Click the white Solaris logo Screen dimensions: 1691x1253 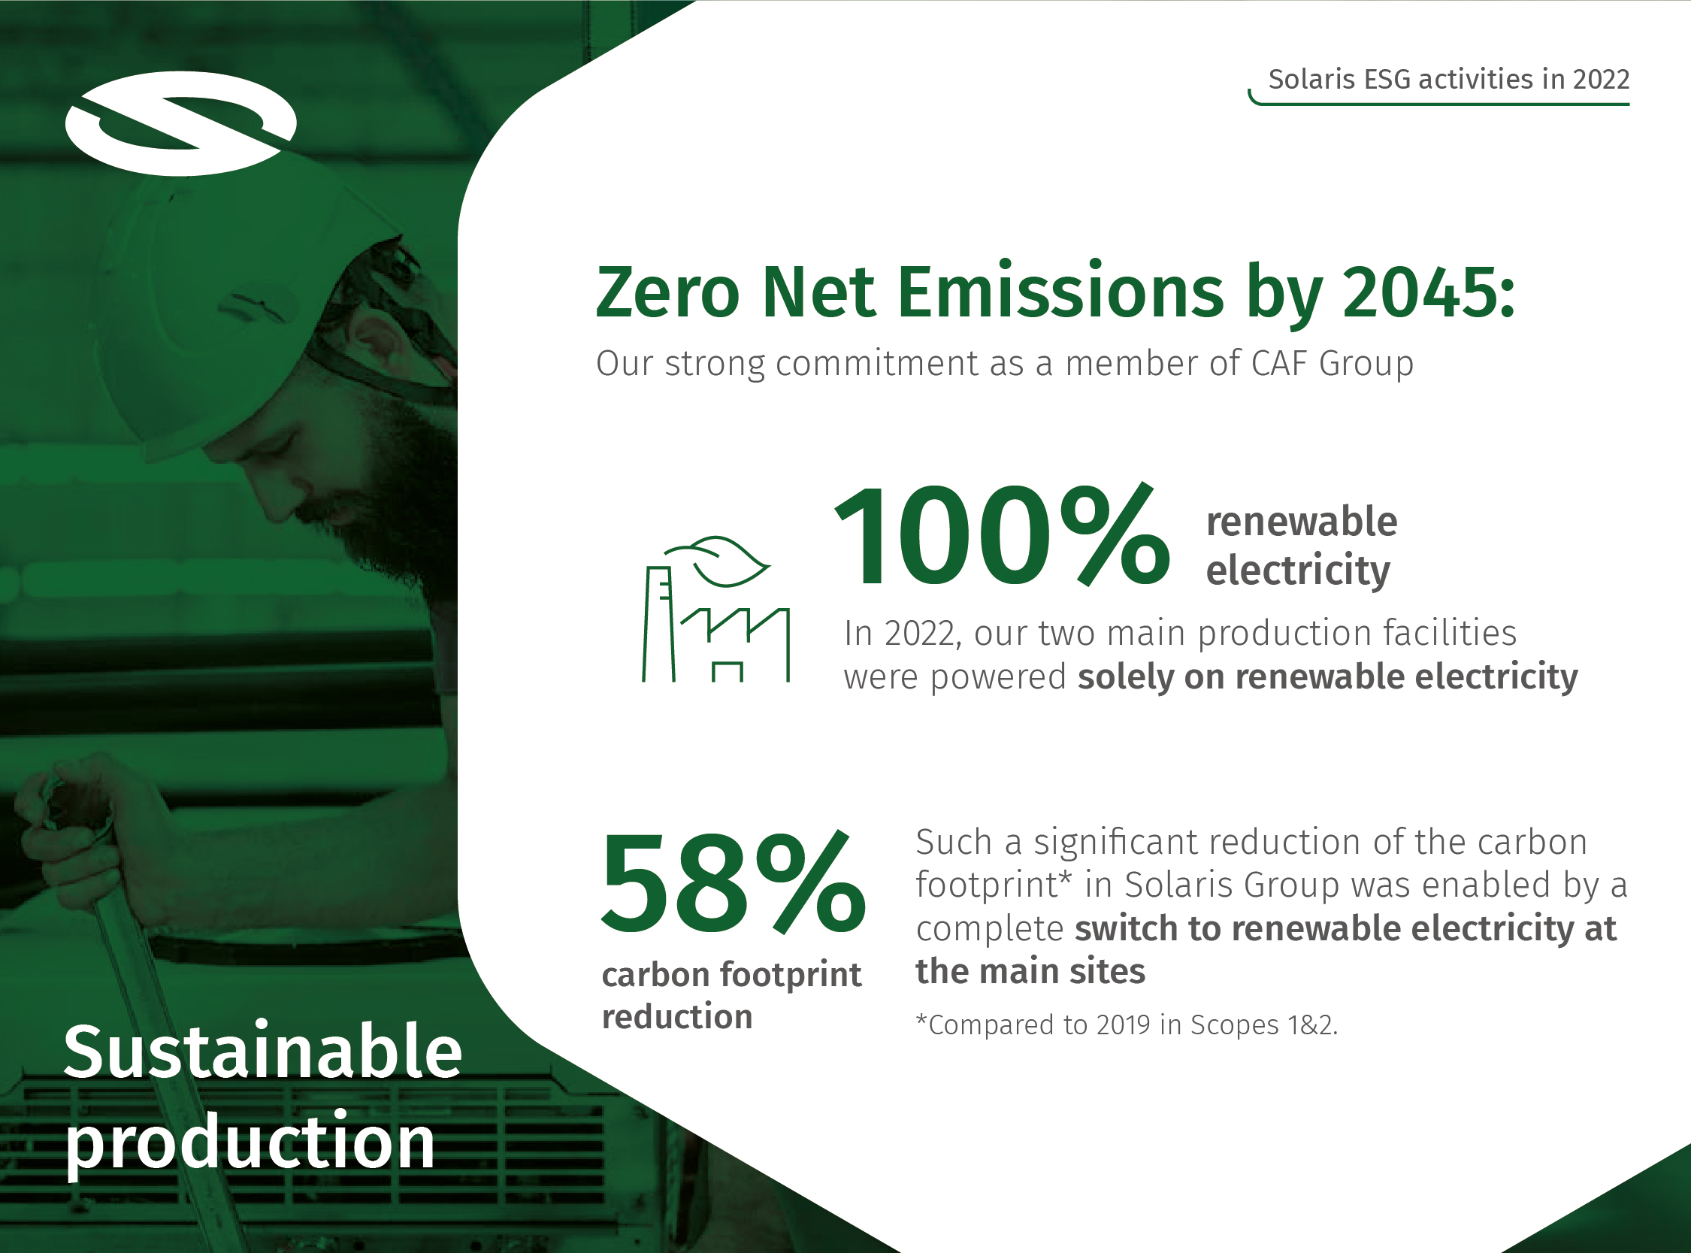[180, 123]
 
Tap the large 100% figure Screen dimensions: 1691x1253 [1002, 535]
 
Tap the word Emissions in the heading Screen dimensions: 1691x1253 [1060, 291]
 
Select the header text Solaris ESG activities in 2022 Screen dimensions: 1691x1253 [1449, 79]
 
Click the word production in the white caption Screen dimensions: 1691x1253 [250, 1143]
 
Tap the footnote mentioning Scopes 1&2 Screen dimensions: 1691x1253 [1127, 1024]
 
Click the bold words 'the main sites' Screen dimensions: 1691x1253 [1030, 972]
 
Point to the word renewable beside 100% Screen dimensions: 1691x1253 [1301, 522]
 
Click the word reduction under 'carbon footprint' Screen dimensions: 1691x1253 [677, 1017]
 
